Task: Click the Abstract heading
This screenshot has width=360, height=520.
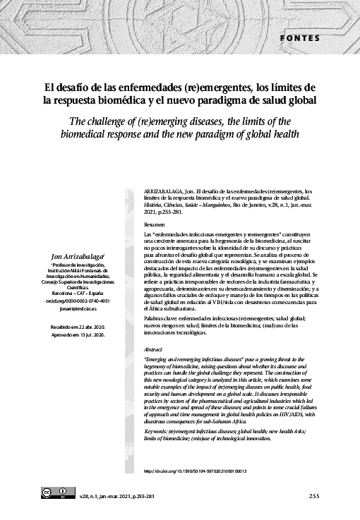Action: pyautogui.click(x=152, y=349)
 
